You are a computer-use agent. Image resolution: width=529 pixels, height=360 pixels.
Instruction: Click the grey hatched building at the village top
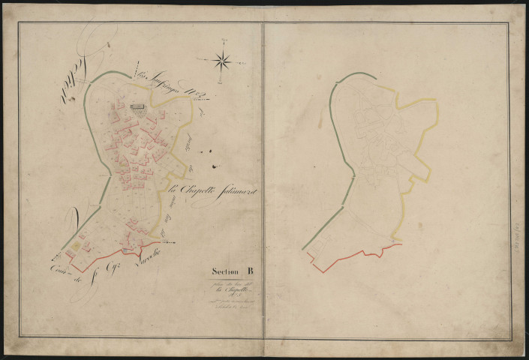pyautogui.click(x=138, y=106)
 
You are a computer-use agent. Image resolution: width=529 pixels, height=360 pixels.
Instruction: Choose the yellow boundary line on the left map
pyautogui.click(x=185, y=150)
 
